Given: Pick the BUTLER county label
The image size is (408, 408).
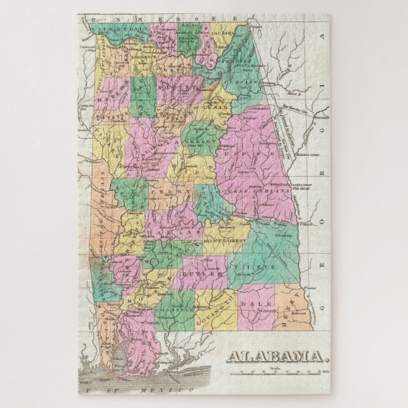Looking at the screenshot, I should (196, 274).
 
